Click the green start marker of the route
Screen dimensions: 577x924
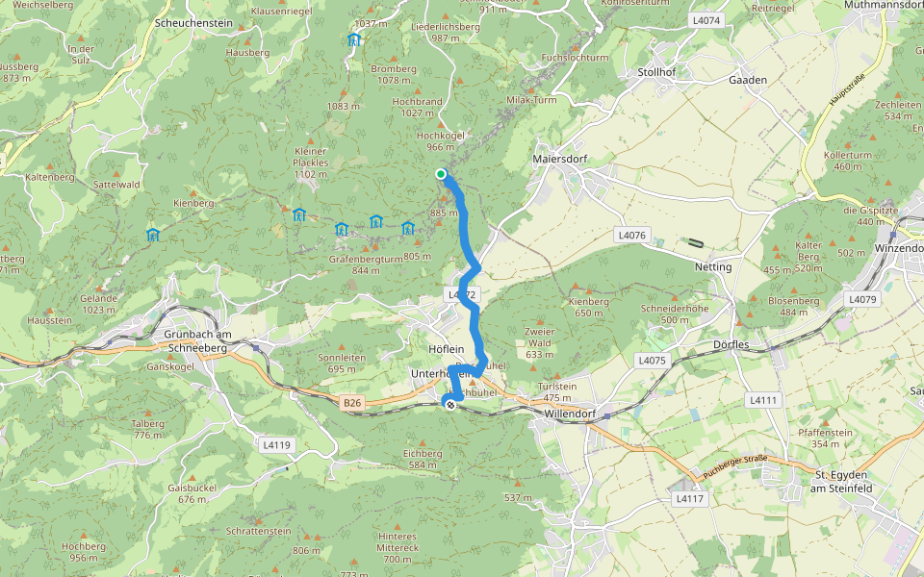pyautogui.click(x=441, y=174)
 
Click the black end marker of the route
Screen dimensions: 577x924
pyautogui.click(x=449, y=405)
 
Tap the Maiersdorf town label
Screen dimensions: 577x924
pyautogui.click(x=559, y=159)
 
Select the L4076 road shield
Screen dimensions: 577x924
pyautogui.click(x=631, y=235)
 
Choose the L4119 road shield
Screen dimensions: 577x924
pyautogui.click(x=276, y=444)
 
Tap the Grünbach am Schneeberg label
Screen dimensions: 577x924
pyautogui.click(x=193, y=340)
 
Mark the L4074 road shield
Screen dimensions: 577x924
pyautogui.click(x=706, y=20)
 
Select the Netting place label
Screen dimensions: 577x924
pyautogui.click(x=713, y=266)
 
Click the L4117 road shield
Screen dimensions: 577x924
pyautogui.click(x=690, y=498)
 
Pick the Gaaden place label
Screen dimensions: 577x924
pyautogui.click(x=747, y=80)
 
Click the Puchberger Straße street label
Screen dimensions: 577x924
pyautogui.click(x=735, y=465)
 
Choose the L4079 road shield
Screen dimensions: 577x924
pyautogui.click(x=862, y=299)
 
